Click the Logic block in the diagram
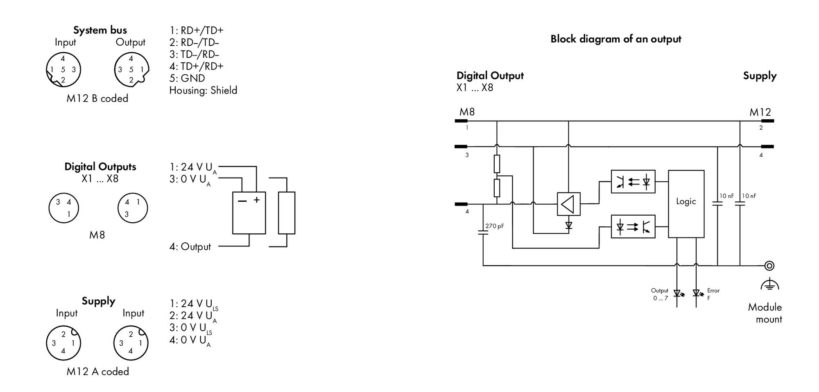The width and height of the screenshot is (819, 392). [x=686, y=204]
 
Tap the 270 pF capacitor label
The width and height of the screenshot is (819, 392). [x=494, y=226]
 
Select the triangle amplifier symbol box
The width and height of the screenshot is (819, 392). [x=568, y=204]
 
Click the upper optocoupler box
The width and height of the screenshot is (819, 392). [x=633, y=182]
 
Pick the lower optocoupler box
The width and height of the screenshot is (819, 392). [x=633, y=226]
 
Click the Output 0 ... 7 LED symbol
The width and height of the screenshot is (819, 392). [x=677, y=293]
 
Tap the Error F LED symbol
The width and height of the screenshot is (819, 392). [x=697, y=293]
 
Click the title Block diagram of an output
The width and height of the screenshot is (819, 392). [x=615, y=39]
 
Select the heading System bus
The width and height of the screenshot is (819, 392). [x=100, y=30]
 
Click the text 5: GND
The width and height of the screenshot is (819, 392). [x=187, y=78]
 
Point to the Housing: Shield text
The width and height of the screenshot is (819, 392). [x=203, y=90]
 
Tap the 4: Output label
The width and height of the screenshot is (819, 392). [x=190, y=246]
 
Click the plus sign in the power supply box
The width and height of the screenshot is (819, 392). [x=257, y=200]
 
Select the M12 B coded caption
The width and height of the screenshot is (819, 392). [x=97, y=98]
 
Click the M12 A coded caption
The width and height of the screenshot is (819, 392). [x=97, y=371]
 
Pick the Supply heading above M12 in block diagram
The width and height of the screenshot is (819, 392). [x=760, y=76]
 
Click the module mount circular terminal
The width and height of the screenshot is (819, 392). [x=769, y=266]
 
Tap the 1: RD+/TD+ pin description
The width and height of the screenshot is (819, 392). [x=197, y=30]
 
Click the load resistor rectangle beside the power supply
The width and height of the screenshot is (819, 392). [x=287, y=213]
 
